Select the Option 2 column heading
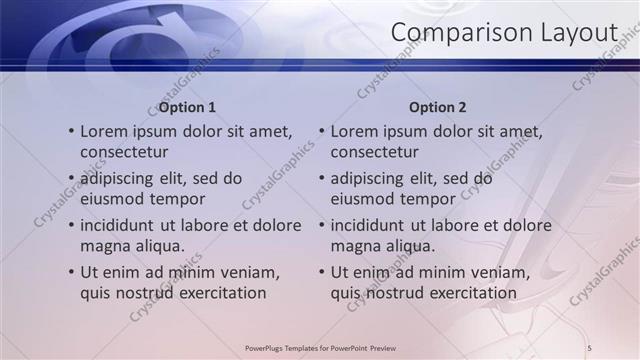pos(438,107)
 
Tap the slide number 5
pos(589,346)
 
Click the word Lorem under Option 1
pos(104,131)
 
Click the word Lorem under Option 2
pos(355,131)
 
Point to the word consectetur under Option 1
pos(124,152)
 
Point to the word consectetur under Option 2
pos(375,152)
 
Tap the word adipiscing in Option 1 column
pos(122,179)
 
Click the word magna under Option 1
pos(103,246)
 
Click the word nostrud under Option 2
pos(394,293)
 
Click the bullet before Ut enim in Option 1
pos(70,272)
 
